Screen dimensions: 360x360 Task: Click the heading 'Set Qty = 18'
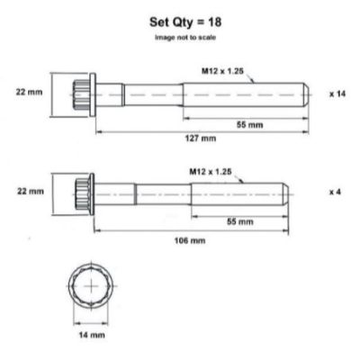click(x=185, y=22)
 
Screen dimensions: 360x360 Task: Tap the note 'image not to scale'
click(x=185, y=38)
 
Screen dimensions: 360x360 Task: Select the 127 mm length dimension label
click(x=200, y=139)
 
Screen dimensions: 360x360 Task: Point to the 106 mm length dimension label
click(x=190, y=240)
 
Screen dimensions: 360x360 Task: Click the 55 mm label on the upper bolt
click(x=250, y=124)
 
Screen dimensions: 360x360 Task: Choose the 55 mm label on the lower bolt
click(x=240, y=221)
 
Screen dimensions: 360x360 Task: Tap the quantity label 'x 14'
click(x=337, y=94)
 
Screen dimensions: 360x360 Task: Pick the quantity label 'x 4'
click(x=335, y=192)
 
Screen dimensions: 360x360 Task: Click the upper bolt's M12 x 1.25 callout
click(x=222, y=71)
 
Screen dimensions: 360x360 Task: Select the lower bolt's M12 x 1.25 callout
click(x=211, y=172)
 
